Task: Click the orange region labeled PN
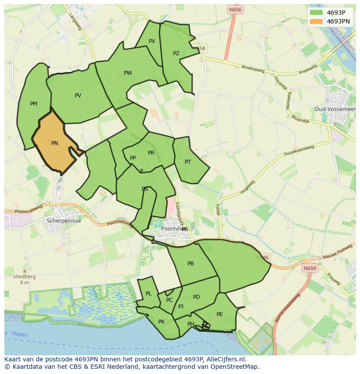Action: [54, 143]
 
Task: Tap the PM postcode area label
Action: [33, 104]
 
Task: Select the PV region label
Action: [78, 96]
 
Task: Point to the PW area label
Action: [128, 73]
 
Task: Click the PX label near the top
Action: [152, 41]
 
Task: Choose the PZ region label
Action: [176, 53]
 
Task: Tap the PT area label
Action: [188, 162]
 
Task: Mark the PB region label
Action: [190, 264]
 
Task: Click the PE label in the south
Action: [220, 314]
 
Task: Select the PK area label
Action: [161, 322]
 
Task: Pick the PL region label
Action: [149, 294]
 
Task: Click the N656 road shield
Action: [235, 10]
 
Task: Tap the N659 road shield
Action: [310, 268]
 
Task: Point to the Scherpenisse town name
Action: [63, 221]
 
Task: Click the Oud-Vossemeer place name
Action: [335, 109]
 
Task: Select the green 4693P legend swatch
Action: [316, 13]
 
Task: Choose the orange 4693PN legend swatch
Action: [316, 21]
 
